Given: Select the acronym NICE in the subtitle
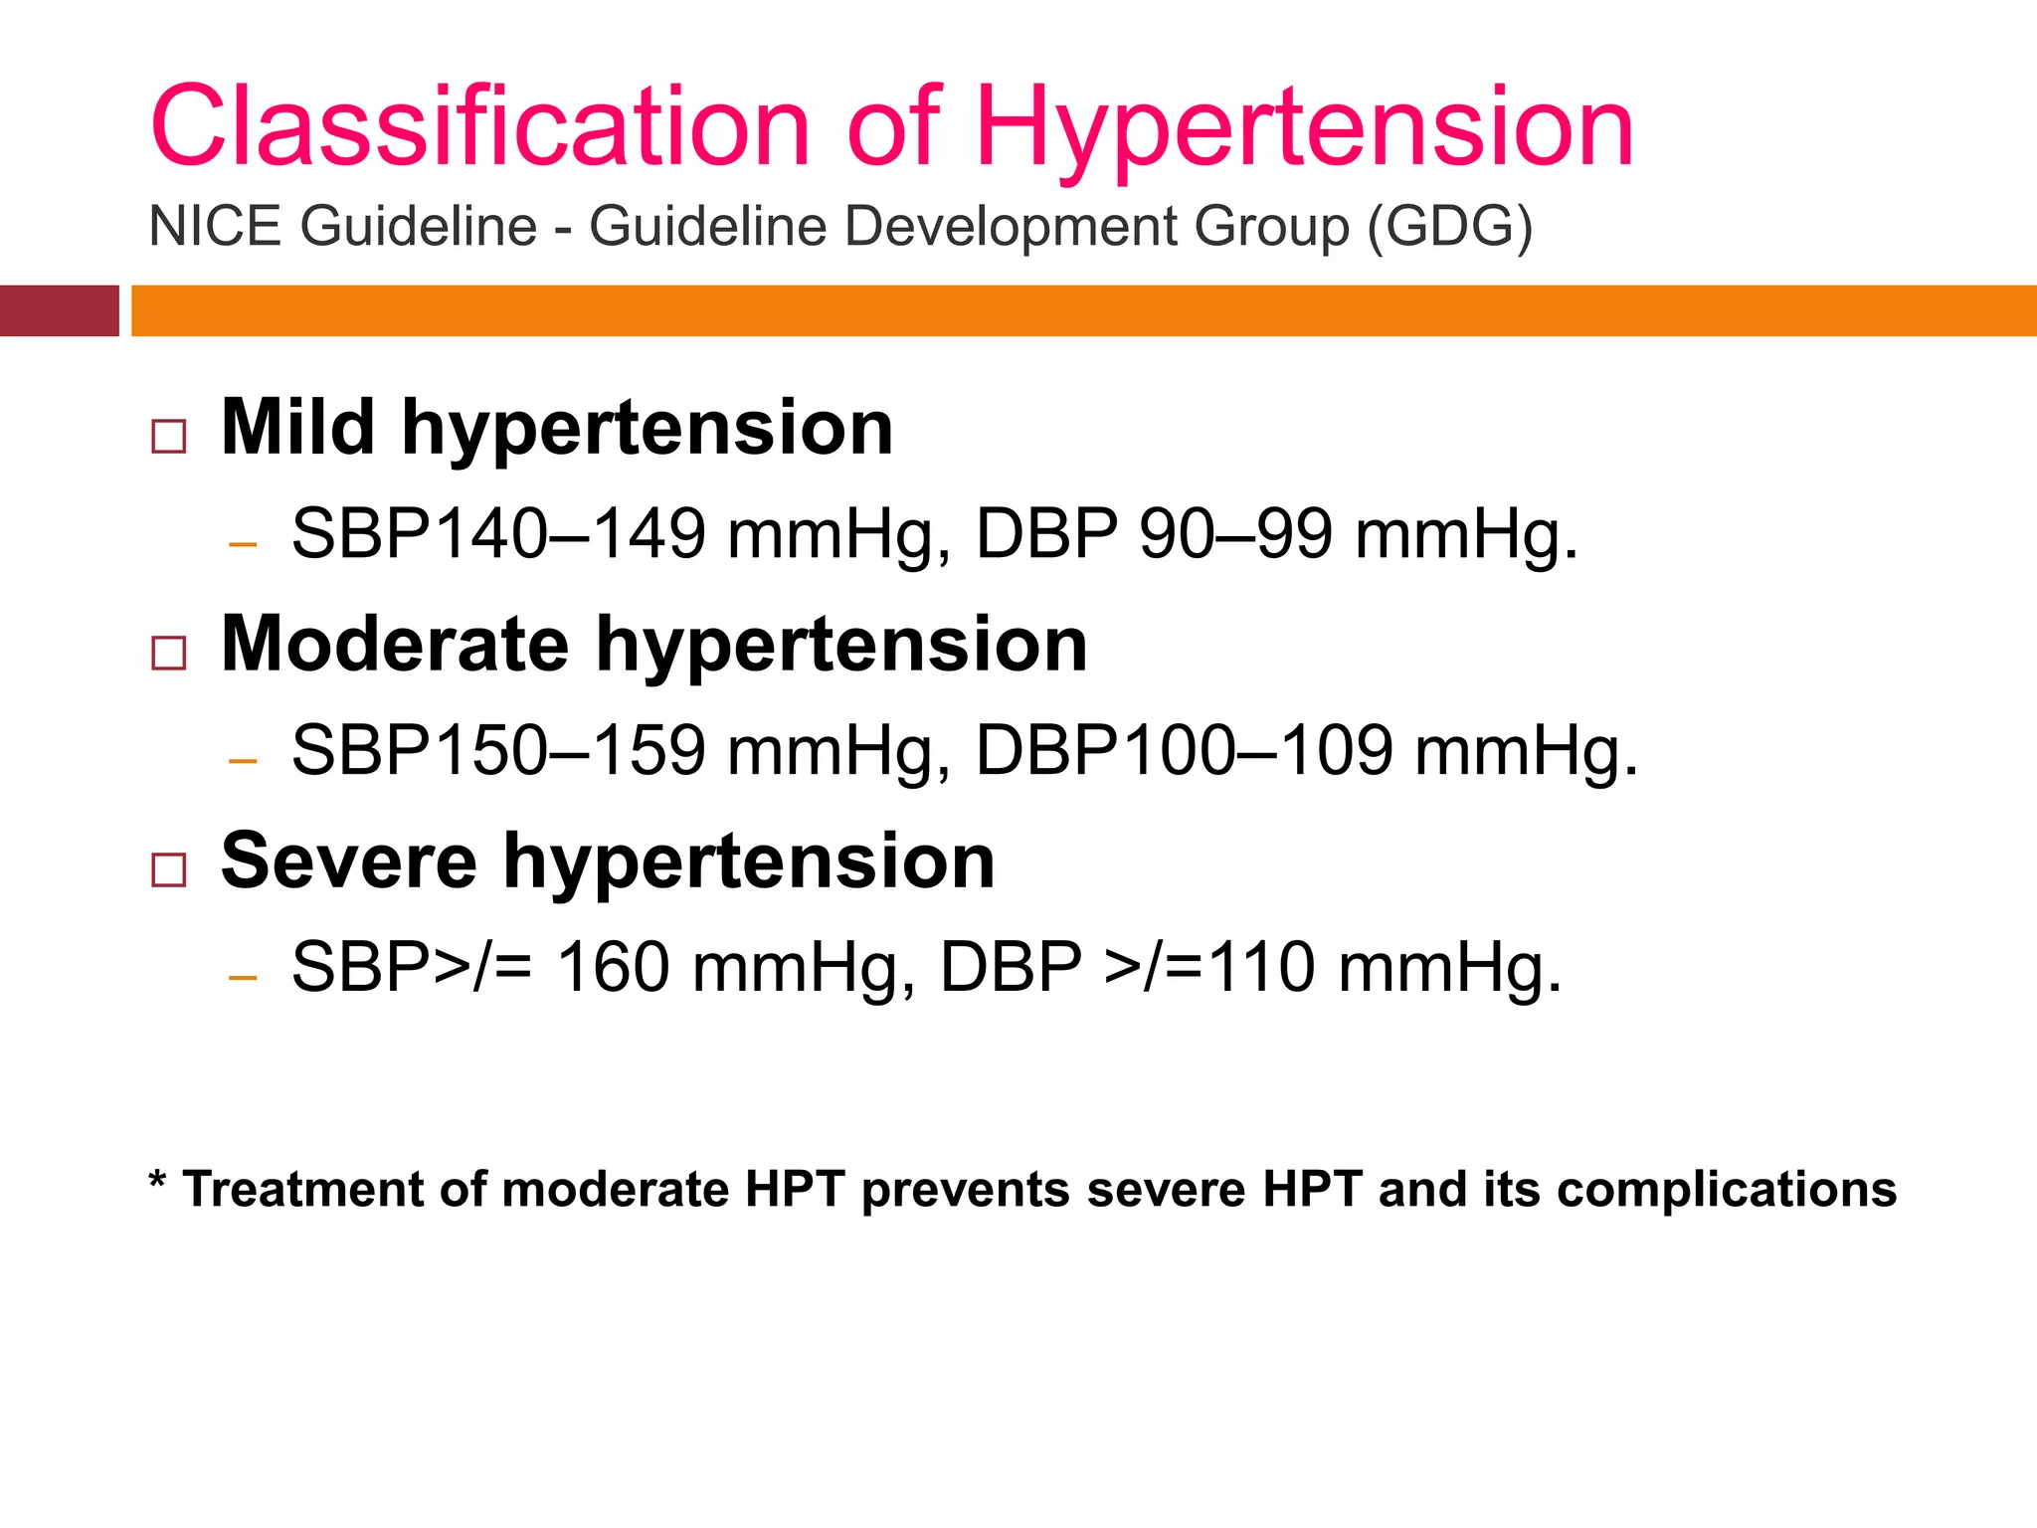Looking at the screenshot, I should pyautogui.click(x=215, y=226).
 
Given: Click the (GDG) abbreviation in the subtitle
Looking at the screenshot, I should pyautogui.click(x=1449, y=227).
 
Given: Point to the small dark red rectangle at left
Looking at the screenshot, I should pyautogui.click(x=59, y=310).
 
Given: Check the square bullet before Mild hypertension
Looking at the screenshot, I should pyautogui.click(x=169, y=437).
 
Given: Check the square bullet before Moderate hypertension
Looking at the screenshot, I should pyautogui.click(x=169, y=654).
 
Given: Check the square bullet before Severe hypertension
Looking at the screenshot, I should pyautogui.click(x=169, y=869).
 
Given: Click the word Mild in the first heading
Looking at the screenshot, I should pyautogui.click(x=297, y=428).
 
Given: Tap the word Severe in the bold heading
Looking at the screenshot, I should pyautogui.click(x=349, y=860).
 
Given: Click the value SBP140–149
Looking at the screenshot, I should pyautogui.click(x=498, y=534).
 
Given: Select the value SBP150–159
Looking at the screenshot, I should pyautogui.click(x=498, y=750).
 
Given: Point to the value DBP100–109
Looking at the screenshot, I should pyautogui.click(x=1185, y=750).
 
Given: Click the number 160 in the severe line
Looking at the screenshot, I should pyautogui.click(x=613, y=967).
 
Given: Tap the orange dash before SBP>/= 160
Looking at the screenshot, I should pyautogui.click(x=243, y=978).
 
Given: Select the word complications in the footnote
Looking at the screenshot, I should pyautogui.click(x=1727, y=1190).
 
